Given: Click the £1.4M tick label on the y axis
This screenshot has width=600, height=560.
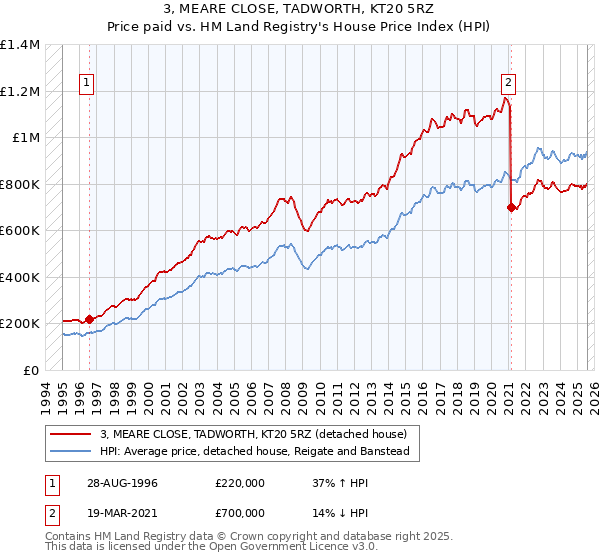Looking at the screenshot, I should [x=20, y=45].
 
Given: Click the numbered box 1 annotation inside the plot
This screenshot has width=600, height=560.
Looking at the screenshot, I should [x=88, y=83].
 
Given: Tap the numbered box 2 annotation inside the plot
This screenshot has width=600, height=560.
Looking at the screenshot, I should [x=509, y=83].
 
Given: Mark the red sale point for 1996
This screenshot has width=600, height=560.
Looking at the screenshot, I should [x=89, y=319].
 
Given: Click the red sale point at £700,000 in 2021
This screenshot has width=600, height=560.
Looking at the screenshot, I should [x=511, y=208].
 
